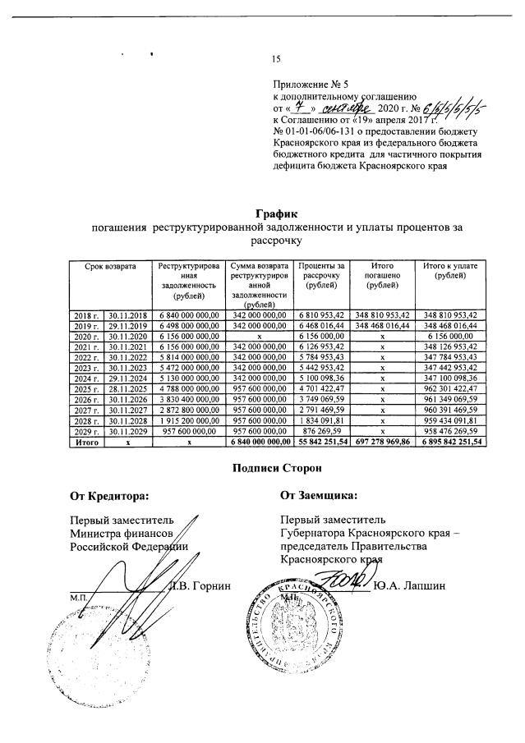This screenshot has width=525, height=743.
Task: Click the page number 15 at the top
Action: (x=276, y=58)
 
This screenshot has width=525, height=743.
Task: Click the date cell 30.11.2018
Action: (x=129, y=314)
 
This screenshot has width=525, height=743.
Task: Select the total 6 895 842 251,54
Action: (x=449, y=442)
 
